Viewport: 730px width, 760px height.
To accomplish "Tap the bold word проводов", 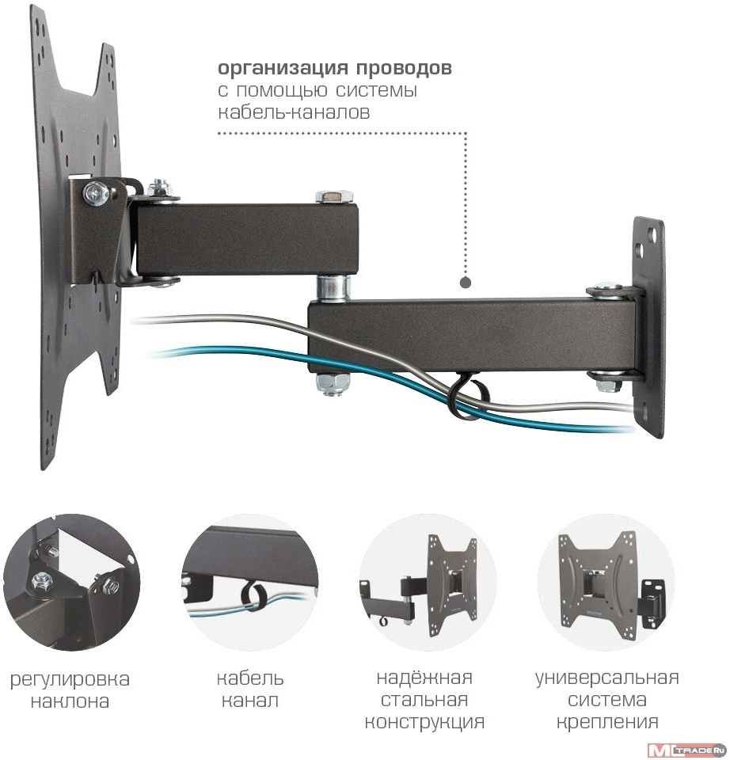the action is click(404, 68).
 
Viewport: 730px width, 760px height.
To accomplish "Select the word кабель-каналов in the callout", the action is click(294, 112).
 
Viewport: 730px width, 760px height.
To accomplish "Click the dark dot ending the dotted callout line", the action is click(466, 283).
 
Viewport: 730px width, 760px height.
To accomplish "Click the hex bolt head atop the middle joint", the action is click(334, 197).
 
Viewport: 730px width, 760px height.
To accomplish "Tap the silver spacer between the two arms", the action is click(333, 287).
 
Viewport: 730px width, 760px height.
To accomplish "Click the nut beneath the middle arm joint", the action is click(333, 385).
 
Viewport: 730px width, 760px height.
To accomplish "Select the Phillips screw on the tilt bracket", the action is click(97, 194).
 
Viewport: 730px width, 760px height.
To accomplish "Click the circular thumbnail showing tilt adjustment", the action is click(71, 582).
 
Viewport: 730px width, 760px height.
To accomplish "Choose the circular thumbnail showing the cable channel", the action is click(250, 582).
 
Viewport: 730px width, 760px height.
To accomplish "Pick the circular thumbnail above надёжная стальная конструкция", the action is click(427, 582).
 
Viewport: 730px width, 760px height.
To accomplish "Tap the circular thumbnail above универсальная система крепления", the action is click(606, 582).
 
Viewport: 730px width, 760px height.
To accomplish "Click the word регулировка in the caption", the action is click(70, 679).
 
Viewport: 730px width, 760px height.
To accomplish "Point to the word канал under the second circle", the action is click(250, 701).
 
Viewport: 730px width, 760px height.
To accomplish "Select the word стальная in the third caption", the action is click(424, 700).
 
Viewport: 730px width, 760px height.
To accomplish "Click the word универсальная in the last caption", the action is click(606, 678).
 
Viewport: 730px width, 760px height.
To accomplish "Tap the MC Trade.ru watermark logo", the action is click(688, 750).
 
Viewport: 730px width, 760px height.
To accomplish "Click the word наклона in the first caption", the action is click(70, 701).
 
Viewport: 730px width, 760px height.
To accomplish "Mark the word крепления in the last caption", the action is click(606, 722).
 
